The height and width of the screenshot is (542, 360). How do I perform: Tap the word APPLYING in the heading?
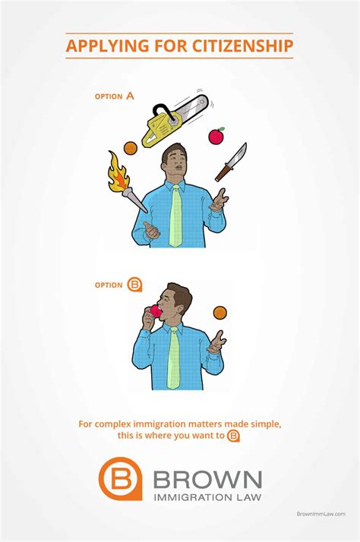107,46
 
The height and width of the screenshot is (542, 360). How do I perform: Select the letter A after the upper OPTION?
130,96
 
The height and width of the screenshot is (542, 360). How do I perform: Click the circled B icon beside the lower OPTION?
134,285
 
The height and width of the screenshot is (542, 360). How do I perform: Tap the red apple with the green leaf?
216,135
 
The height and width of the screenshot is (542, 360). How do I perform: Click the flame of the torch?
118,173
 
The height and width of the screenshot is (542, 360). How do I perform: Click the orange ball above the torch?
131,148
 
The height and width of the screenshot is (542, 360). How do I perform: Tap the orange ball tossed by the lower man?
220,313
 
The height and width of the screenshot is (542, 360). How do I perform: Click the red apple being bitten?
156,311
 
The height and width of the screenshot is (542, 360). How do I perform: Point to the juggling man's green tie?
175,216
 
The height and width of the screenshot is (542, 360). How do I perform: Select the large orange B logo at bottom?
120,478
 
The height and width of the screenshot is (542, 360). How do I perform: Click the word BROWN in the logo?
207,479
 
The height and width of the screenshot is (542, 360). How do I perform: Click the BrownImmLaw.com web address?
321,514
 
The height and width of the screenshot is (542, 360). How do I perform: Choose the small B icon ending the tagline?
233,436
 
